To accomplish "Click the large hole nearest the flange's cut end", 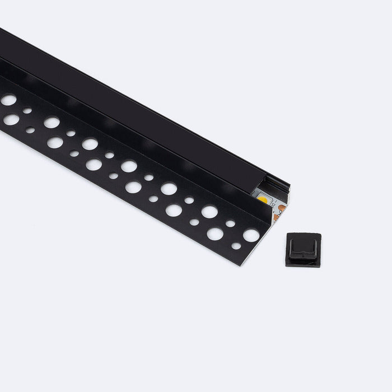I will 250,236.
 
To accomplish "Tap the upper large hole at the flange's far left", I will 9,100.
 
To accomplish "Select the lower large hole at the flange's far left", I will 11,119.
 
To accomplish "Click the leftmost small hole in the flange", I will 27,111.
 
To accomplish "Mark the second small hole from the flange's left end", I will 30,130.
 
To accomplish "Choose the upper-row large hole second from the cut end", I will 209,212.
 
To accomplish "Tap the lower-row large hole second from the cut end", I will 214,234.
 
